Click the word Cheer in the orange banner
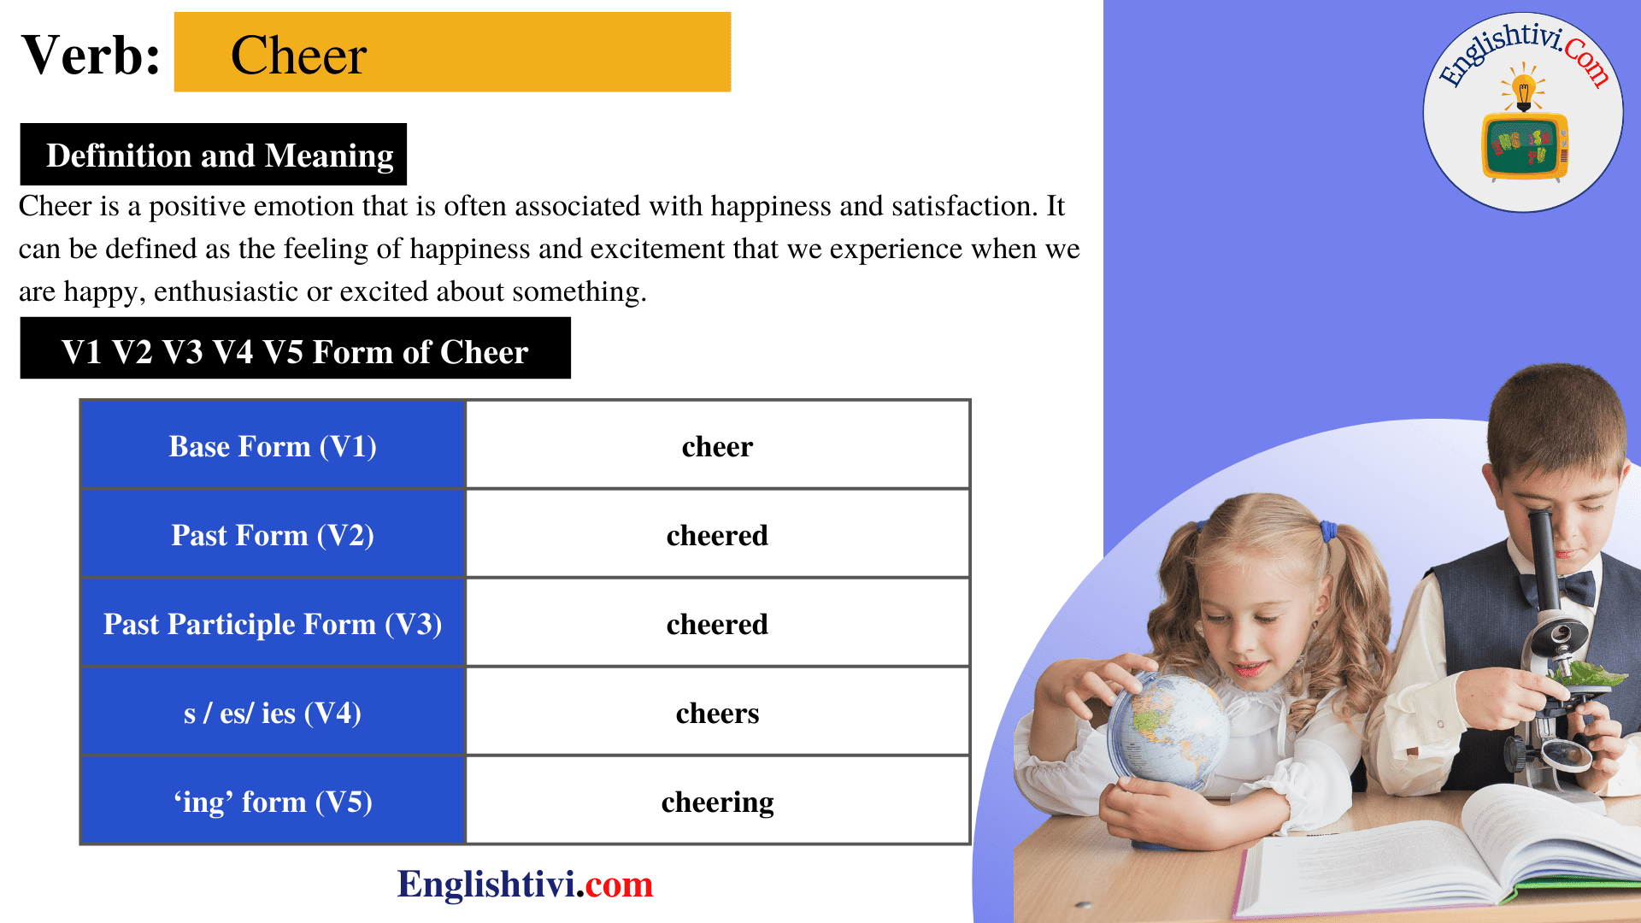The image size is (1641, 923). pos(298,56)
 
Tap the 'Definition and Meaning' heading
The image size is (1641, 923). pos(219,156)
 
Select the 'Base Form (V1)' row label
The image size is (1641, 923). pos(273,446)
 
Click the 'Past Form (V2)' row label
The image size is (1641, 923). pos(273,535)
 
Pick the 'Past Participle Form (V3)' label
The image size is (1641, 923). pos(273,624)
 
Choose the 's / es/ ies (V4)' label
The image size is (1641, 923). pos(273,713)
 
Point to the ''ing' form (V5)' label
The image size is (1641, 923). pos(273,802)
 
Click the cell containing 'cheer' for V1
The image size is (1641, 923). pos(717,446)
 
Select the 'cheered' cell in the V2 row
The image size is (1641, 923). pos(717,535)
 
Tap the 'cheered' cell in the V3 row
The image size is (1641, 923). pos(717,624)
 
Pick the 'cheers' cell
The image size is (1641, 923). pos(717,713)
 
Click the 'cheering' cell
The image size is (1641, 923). pos(717,802)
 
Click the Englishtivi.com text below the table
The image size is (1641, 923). pos(525,884)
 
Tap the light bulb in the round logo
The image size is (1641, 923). pos(1523,89)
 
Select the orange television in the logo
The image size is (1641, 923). pos(1524,145)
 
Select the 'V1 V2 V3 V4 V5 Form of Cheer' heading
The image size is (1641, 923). pos(295,352)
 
